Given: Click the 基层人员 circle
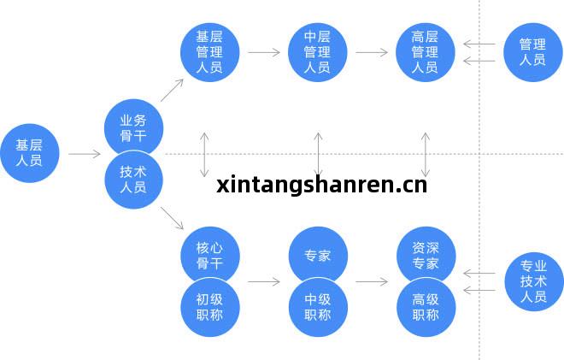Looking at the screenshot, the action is tap(30, 153).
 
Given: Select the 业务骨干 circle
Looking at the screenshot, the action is tap(134, 127).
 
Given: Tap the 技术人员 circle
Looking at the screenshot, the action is tap(134, 180).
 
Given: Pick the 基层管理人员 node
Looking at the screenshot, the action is tap(210, 52).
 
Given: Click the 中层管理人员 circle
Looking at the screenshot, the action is tap(318, 52).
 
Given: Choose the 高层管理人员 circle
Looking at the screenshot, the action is tap(426, 52).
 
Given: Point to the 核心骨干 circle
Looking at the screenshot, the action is tap(210, 255).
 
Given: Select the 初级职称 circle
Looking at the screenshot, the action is tap(210, 307).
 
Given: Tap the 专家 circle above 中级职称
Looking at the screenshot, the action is tap(319, 255).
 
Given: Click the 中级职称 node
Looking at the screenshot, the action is tap(319, 307).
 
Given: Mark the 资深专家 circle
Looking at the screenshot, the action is tap(426, 255).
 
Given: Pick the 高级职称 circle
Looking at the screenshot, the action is tap(426, 307).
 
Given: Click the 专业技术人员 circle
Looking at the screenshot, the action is tap(534, 281).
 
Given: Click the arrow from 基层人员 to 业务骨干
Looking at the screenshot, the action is tap(85, 154).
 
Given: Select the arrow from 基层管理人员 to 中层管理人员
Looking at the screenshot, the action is tap(264, 52).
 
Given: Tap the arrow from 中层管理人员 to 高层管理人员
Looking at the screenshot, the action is tap(372, 52).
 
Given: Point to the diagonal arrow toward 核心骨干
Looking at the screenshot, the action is tap(172, 218).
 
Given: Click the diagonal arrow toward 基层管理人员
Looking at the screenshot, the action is tap(172, 91).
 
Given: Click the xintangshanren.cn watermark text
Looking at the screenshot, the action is tap(322, 185).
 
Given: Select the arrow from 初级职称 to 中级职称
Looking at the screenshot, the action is tap(264, 281).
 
